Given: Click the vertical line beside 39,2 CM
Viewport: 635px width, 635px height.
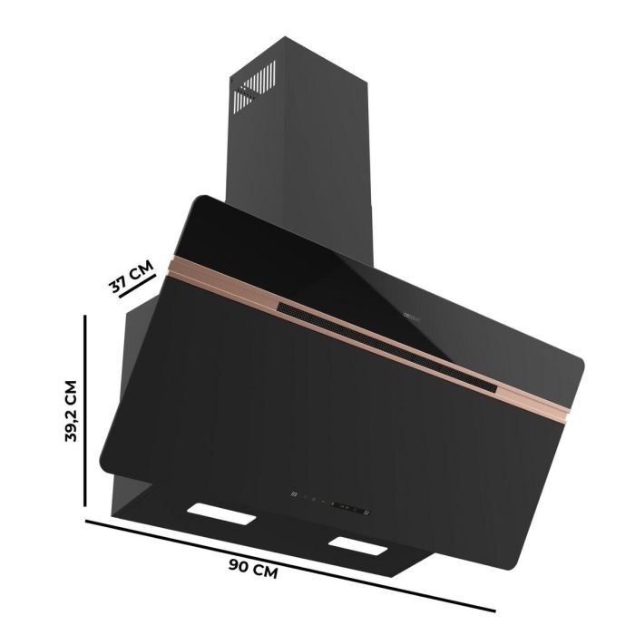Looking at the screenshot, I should tap(86, 411).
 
